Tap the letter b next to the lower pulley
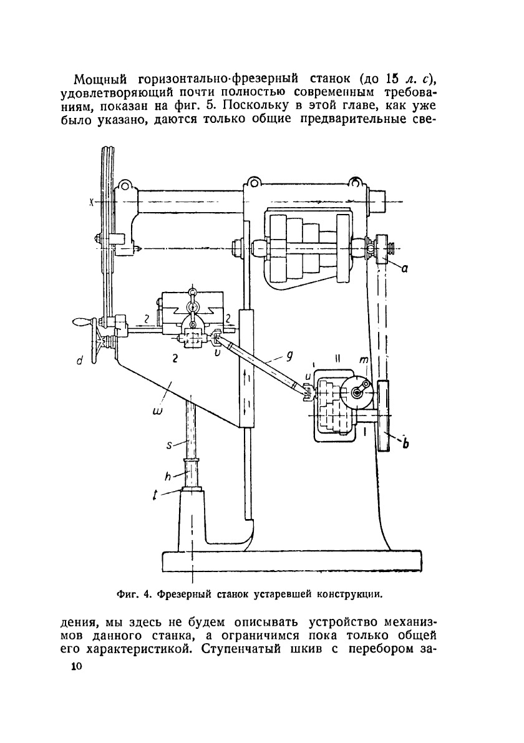pos(405,444)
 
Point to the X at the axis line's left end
pos(90,202)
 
